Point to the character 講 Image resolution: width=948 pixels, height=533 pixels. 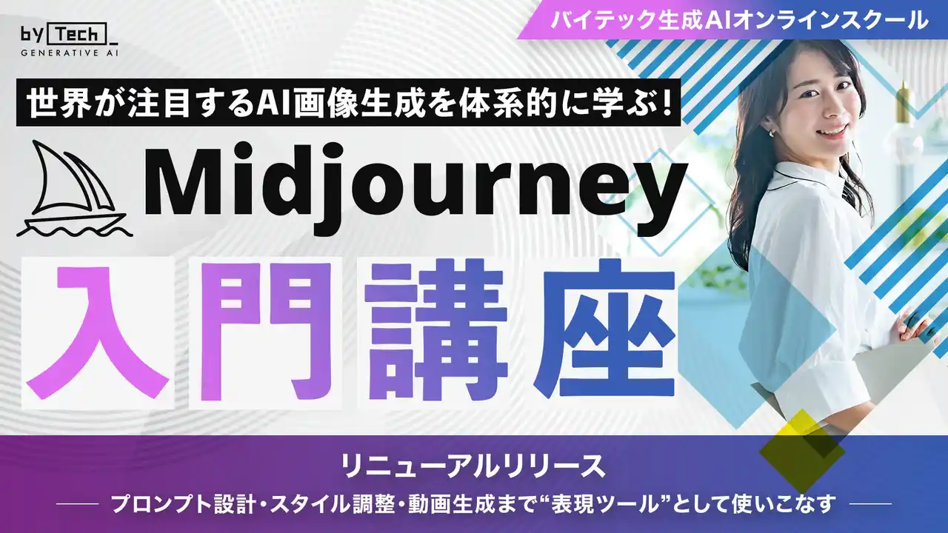pos(437,329)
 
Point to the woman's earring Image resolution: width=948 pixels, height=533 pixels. pos(772,133)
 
